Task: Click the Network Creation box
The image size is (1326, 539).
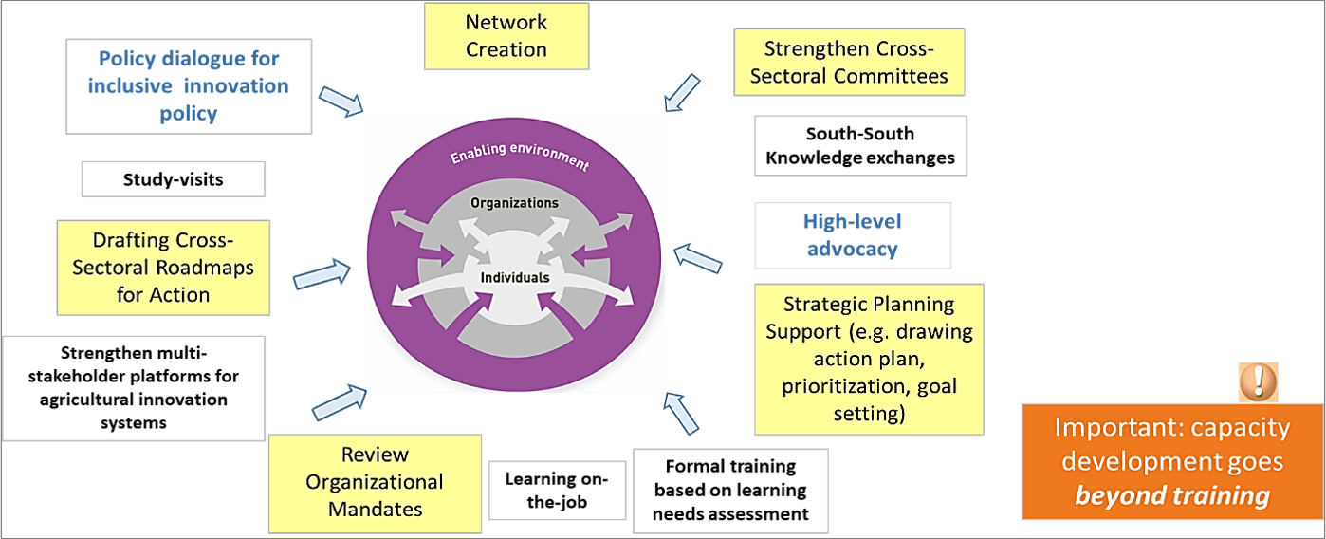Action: click(x=506, y=36)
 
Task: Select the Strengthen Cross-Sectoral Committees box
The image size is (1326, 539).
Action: click(x=849, y=62)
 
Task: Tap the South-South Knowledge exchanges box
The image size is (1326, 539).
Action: click(x=860, y=145)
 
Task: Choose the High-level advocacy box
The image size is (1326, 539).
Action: click(x=852, y=235)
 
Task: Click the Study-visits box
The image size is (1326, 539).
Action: click(x=173, y=178)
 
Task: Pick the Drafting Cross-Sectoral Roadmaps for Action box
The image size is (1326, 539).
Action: click(x=163, y=268)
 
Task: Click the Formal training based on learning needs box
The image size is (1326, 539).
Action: click(x=729, y=491)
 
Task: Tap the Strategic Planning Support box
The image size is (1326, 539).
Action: click(x=869, y=359)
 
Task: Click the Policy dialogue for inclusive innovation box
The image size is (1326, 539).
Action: click(x=189, y=86)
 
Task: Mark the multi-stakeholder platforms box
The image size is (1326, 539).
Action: click(x=133, y=387)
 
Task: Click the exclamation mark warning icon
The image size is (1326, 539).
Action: click(x=1258, y=381)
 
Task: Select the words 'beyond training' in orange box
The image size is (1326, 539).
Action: click(x=1171, y=495)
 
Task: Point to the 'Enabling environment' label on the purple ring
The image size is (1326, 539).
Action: click(x=519, y=158)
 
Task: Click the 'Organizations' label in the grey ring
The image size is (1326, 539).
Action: click(x=514, y=203)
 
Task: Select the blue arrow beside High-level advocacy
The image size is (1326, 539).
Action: click(x=696, y=258)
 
